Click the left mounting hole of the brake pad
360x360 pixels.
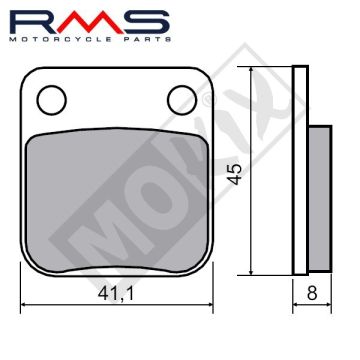(x=51, y=97)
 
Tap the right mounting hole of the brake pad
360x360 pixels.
(x=181, y=97)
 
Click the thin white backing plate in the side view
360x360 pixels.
(x=301, y=170)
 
